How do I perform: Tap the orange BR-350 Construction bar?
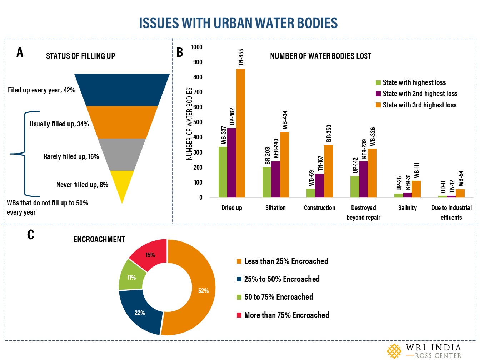pos(328,171)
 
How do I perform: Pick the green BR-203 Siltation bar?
pos(266,182)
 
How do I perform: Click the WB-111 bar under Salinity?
pos(416,189)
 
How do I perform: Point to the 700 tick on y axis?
pos(198,92)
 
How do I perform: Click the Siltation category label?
pos(275,208)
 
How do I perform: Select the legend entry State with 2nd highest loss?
pos(420,94)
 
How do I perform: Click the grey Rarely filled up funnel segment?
pos(122,154)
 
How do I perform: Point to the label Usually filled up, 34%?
pos(59,124)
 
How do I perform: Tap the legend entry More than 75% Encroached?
pos(286,315)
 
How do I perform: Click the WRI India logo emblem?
pos(394,351)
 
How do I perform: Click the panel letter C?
pos(31,235)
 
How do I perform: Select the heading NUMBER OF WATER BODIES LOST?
pos(320,56)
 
